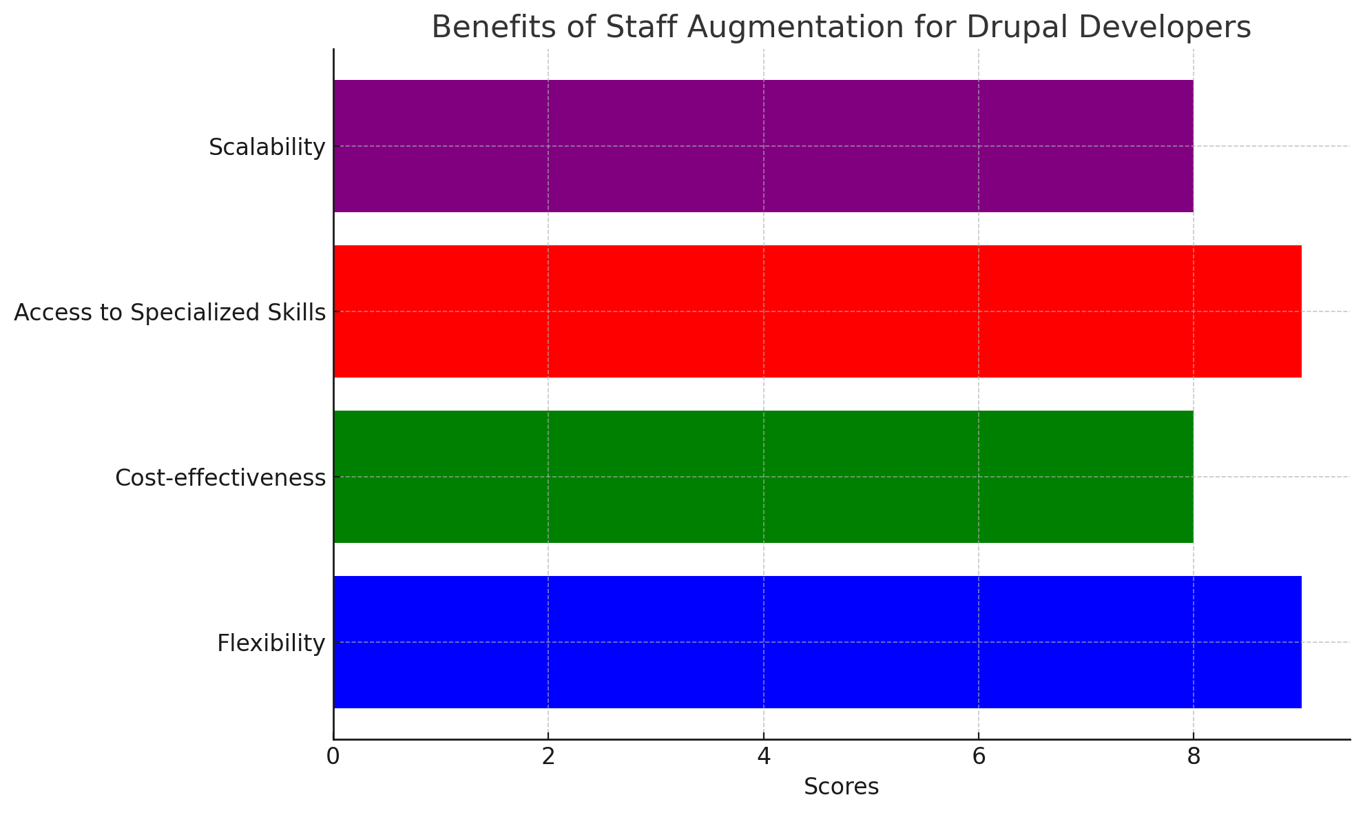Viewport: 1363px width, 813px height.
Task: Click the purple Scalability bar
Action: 763,146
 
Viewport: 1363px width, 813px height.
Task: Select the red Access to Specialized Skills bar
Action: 818,311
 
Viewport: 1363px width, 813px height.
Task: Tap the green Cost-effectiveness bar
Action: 763,477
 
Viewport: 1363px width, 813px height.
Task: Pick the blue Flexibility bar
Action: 818,642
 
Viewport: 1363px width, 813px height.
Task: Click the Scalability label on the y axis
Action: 267,147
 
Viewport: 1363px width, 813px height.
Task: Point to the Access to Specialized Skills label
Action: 169,313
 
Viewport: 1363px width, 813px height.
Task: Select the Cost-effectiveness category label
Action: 220,477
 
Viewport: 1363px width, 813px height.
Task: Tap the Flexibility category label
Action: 271,644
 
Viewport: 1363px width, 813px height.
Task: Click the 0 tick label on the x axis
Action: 333,757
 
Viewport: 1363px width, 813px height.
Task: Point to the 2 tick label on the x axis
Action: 548,757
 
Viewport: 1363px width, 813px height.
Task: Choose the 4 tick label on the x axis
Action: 763,757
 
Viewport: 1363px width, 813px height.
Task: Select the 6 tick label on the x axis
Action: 978,757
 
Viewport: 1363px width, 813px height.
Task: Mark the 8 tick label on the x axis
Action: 1194,757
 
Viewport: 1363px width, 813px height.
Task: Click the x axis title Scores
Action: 841,787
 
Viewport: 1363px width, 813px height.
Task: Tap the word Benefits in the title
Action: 485,28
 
